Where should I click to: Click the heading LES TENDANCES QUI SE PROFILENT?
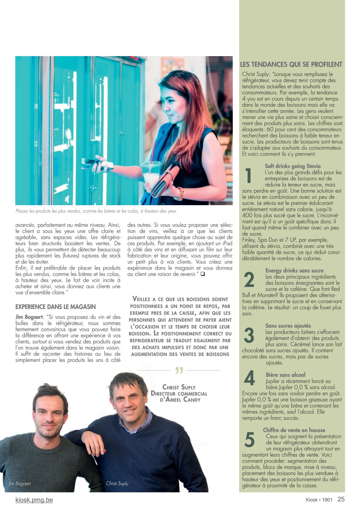click(x=291, y=64)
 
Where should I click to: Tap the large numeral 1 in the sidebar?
click(x=249, y=176)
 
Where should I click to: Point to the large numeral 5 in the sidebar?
click(x=249, y=440)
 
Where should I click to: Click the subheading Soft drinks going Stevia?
click(x=293, y=166)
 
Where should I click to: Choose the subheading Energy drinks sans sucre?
click(x=294, y=270)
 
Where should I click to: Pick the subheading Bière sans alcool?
click(x=285, y=375)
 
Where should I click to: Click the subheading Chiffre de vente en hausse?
click(x=294, y=430)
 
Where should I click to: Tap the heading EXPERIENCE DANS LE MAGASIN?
click(x=55, y=307)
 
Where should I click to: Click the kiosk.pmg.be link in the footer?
click(x=34, y=500)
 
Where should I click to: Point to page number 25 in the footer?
click(x=341, y=499)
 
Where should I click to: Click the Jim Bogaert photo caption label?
click(x=19, y=483)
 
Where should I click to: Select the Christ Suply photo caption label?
click(x=117, y=483)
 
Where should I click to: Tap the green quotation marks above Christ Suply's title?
click(x=179, y=371)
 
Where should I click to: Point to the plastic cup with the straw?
click(x=151, y=174)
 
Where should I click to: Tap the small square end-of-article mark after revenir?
click(x=203, y=274)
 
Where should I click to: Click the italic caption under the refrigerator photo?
click(x=96, y=211)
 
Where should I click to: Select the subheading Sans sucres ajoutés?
click(x=288, y=326)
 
